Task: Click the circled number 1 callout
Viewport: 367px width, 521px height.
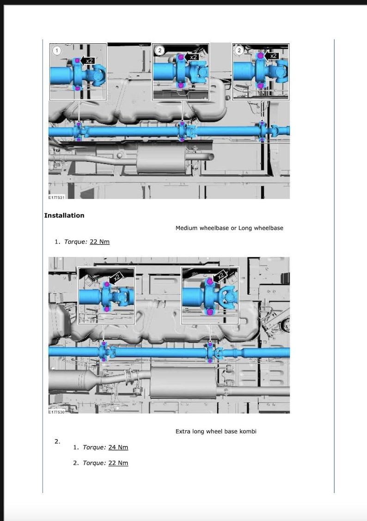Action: click(56, 50)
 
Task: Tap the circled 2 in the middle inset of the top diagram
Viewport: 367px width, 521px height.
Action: click(159, 50)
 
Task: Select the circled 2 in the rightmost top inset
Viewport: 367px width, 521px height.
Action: click(239, 50)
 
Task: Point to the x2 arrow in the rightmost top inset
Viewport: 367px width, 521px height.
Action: click(272, 55)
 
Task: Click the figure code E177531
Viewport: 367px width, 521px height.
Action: click(56, 197)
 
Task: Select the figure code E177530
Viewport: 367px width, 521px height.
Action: click(56, 412)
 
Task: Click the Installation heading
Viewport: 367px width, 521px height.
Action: click(64, 215)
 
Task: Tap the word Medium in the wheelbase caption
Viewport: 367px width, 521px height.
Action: click(186, 228)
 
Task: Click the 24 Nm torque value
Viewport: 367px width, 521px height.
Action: click(118, 447)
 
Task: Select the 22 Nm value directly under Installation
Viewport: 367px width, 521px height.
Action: click(99, 242)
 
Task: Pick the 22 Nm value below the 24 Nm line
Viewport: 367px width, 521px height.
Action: click(118, 463)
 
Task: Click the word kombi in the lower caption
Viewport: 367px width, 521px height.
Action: click(247, 431)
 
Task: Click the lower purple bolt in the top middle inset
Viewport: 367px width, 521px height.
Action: click(180, 85)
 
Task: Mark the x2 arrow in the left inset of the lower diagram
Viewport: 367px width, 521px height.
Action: click(116, 278)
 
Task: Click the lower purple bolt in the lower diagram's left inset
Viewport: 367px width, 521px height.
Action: click(107, 308)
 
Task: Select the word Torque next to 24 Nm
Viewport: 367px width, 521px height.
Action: click(94, 447)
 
